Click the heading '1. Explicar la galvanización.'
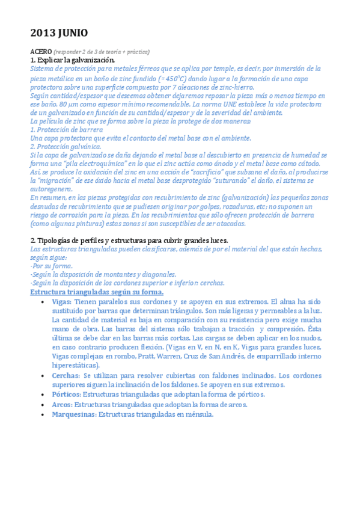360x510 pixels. tap(72, 60)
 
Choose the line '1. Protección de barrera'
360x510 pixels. tap(66, 129)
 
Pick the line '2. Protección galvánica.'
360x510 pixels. tap(66, 146)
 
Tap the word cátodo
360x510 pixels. tap(315, 163)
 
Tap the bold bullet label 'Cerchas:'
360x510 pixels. tap(66, 375)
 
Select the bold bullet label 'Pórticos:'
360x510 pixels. tap(66, 394)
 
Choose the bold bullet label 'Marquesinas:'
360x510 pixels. tap(74, 414)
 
